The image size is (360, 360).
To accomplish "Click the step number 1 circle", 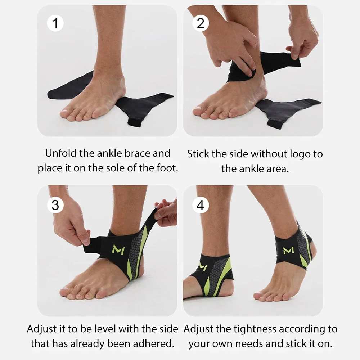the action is tap(55, 23).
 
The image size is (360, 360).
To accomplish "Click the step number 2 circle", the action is tap(201, 23).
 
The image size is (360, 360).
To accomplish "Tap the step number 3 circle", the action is tap(55, 205).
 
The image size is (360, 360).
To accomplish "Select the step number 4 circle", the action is tap(201, 205).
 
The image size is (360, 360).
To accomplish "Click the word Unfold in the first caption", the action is tap(61, 153).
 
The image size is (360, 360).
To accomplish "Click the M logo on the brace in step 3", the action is tap(118, 249).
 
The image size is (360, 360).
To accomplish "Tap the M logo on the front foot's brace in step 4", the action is tap(288, 250).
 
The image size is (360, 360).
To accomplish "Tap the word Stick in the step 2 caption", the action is tap(198, 154).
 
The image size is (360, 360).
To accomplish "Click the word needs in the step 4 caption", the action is tap(252, 344).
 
